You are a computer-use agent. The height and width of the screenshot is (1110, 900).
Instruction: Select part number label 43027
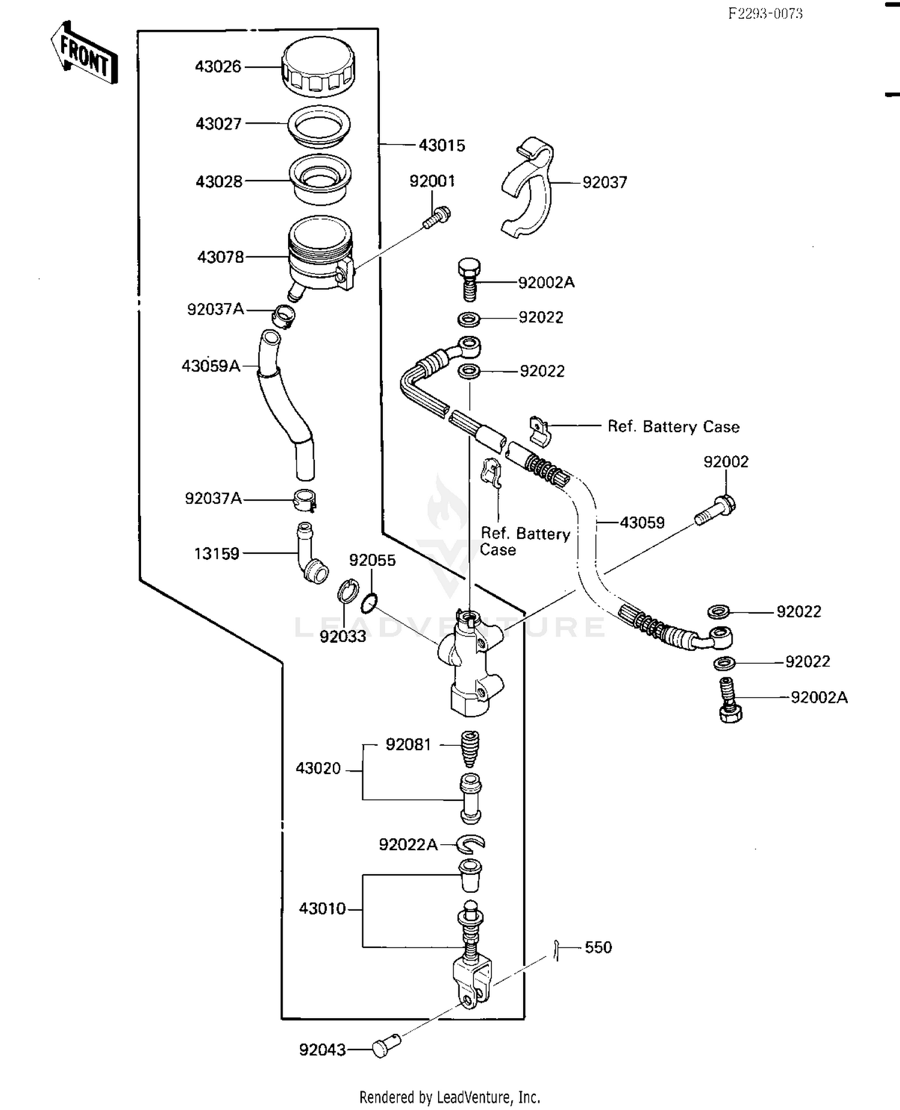[218, 124]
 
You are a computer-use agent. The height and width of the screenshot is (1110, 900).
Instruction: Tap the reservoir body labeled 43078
[319, 255]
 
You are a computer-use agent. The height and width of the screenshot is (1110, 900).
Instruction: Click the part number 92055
[372, 560]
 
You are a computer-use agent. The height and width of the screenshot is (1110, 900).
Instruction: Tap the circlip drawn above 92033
[347, 591]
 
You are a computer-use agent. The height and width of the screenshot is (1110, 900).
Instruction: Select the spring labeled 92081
[469, 748]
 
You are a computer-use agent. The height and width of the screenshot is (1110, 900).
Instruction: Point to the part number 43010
[322, 908]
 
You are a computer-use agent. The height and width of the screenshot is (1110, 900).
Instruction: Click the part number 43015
[442, 145]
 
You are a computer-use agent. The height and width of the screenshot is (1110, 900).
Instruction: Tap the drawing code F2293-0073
[765, 14]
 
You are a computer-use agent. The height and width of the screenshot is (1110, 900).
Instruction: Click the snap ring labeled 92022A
[470, 844]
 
